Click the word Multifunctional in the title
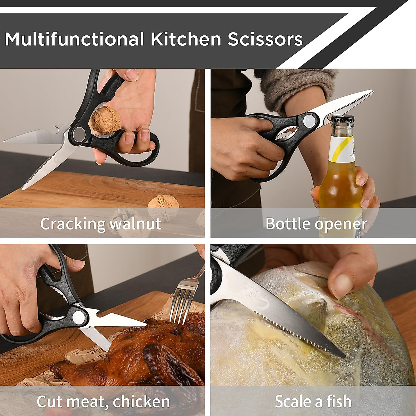[x=74, y=39]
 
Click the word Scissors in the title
[x=265, y=39]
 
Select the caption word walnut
[x=135, y=224]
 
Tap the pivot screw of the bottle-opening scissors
[x=309, y=121]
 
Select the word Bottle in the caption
[x=287, y=224]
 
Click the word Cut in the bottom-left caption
[x=50, y=402]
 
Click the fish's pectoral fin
[x=312, y=312]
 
